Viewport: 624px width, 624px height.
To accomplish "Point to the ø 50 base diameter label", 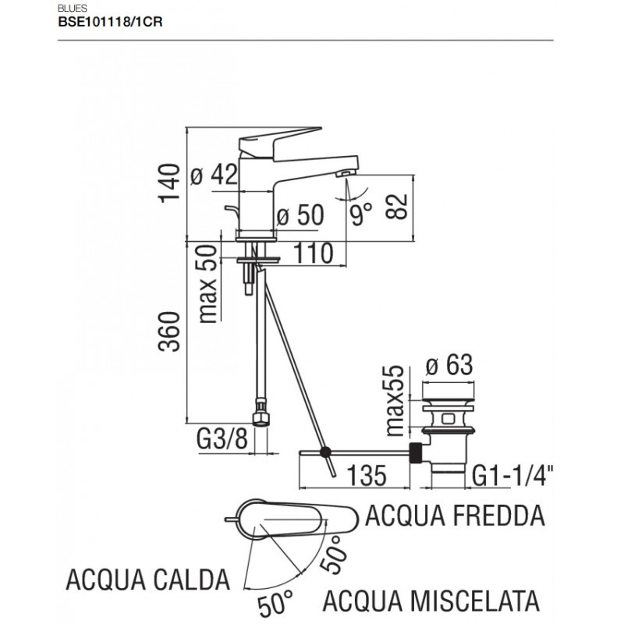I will pyautogui.click(x=300, y=216).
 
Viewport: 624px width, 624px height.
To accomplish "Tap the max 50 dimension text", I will pyautogui.click(x=207, y=285).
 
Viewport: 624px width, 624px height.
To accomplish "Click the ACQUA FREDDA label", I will pyautogui.click(x=455, y=516).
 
